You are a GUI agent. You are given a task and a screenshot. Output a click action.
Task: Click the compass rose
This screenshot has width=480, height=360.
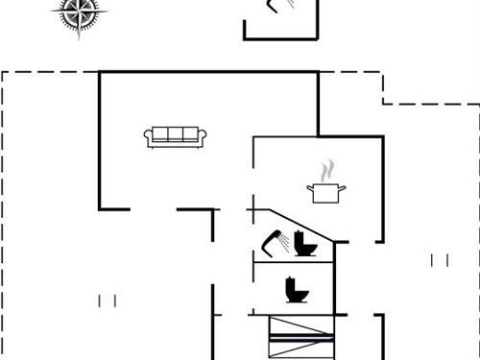point(80,13)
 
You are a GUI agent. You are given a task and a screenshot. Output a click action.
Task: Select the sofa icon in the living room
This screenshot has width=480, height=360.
point(175,136)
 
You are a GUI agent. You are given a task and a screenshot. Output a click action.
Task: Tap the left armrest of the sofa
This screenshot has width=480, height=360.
point(149,137)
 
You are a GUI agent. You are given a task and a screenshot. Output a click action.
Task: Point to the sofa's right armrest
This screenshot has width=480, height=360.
point(202,137)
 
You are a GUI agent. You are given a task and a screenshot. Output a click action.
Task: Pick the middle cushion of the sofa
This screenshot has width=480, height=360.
point(175,134)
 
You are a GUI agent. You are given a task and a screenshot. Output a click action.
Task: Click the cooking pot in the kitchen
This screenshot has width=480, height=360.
point(326,192)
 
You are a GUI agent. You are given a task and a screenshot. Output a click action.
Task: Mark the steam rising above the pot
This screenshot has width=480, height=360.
point(327,171)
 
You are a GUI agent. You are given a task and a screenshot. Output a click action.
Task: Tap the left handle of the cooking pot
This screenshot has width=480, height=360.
point(310,188)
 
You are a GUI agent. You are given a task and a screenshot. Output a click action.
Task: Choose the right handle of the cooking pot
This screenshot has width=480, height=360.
point(344,188)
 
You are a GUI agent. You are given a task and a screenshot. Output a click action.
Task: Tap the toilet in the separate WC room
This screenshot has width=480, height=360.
point(294,288)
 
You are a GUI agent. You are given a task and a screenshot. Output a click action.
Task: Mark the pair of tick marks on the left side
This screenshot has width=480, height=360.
point(107,300)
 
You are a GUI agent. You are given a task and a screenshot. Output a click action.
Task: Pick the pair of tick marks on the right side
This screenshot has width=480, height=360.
point(439,259)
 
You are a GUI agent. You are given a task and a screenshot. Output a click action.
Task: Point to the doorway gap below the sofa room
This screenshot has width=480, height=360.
point(154,209)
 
